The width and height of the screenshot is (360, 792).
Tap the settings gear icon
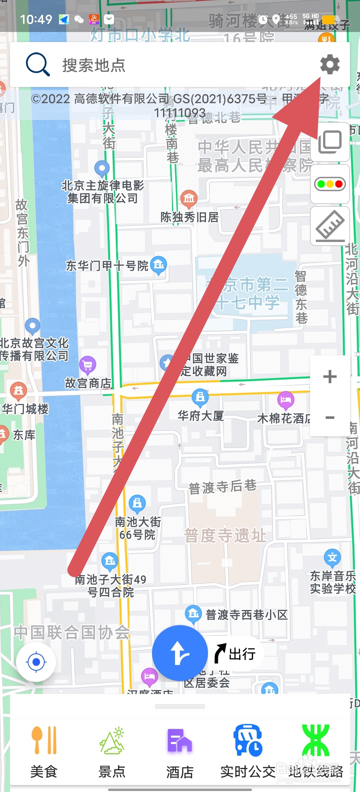tap(330, 64)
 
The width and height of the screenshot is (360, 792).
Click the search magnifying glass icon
tap(37, 64)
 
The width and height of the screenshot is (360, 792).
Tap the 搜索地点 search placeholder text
tap(94, 65)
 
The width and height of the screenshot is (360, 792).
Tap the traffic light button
tap(330, 184)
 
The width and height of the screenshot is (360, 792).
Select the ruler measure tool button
tap(330, 226)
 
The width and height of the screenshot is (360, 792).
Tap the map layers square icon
tap(330, 142)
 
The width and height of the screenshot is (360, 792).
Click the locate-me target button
tap(36, 662)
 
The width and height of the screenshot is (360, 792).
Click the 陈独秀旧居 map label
tap(189, 217)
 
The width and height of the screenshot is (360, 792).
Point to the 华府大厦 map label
tap(200, 416)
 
